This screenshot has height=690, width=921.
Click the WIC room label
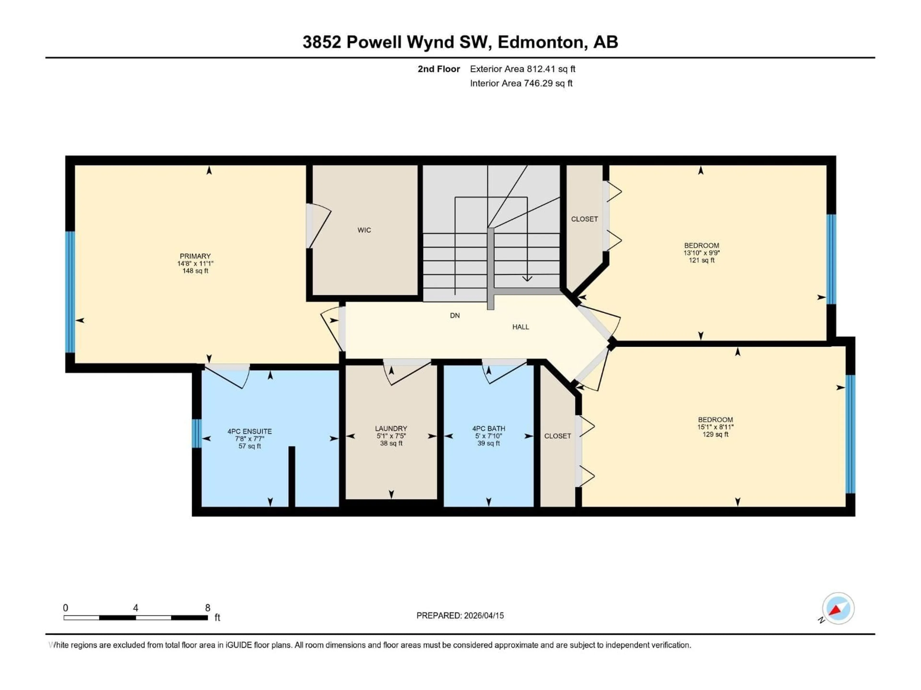[x=364, y=230]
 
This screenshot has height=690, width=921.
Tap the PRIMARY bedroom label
[x=195, y=256]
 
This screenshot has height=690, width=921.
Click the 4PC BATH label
[x=488, y=428]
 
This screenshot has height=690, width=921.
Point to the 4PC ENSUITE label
[x=249, y=431]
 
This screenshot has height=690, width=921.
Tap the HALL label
[x=520, y=327]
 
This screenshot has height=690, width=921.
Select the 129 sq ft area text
[x=715, y=434]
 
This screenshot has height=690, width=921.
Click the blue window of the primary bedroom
[x=70, y=292]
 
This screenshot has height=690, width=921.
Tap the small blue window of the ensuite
[x=196, y=433]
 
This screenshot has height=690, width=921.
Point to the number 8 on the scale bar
[x=207, y=608]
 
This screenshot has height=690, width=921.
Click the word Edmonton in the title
[x=540, y=42]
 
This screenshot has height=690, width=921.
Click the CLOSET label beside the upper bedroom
[x=584, y=219]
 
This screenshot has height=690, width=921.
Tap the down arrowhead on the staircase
[x=527, y=279]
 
